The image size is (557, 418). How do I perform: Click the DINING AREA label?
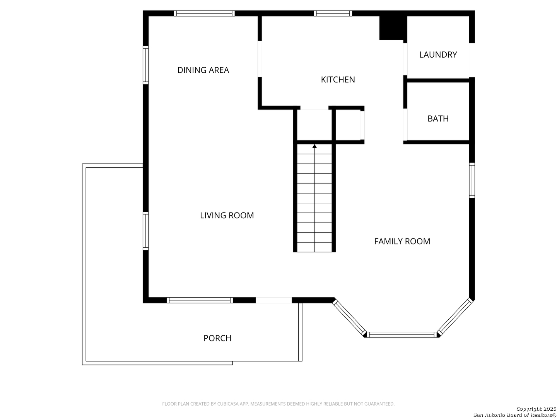203,70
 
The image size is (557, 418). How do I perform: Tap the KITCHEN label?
338,80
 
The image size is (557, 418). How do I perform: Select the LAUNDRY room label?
438,55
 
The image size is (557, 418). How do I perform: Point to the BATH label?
438,118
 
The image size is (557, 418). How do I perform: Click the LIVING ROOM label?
227,216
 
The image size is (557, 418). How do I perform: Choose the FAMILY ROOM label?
402,242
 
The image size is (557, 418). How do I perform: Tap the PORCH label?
217,338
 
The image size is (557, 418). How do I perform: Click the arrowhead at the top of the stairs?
314,146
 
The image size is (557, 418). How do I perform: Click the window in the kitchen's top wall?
333,14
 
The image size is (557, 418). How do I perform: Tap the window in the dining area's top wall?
204,14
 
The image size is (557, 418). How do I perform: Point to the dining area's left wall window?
146,65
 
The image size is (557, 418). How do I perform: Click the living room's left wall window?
146,231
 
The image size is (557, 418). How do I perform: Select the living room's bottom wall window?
200,300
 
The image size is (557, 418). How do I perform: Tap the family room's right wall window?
472,180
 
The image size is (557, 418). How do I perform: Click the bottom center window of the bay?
402,334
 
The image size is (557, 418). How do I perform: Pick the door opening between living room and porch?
273,300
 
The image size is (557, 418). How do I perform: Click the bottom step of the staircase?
314,247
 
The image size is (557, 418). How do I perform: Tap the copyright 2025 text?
536,409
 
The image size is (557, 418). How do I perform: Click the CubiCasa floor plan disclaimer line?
278,404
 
